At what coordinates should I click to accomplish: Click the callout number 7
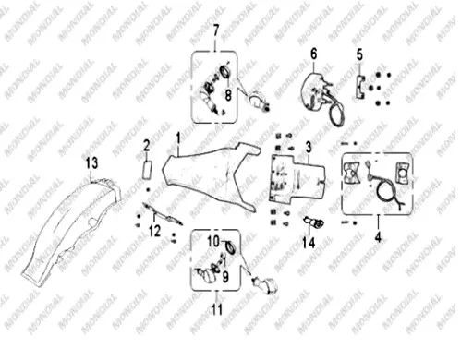click(216, 30)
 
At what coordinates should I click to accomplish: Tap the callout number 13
click(91, 162)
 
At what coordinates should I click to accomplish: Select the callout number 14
click(309, 243)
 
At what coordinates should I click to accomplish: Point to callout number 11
click(217, 309)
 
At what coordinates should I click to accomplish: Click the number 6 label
click(314, 54)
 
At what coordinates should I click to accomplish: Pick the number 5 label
click(359, 55)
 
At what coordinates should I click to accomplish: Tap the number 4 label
click(378, 237)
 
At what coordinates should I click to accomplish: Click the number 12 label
click(154, 231)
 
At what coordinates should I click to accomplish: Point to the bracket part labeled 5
click(360, 87)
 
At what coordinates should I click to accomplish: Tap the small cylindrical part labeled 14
click(314, 222)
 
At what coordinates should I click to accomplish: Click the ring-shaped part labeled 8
click(226, 73)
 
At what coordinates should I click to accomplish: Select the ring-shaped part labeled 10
click(229, 246)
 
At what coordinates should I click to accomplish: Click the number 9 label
click(225, 276)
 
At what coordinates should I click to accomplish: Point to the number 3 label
click(309, 147)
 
